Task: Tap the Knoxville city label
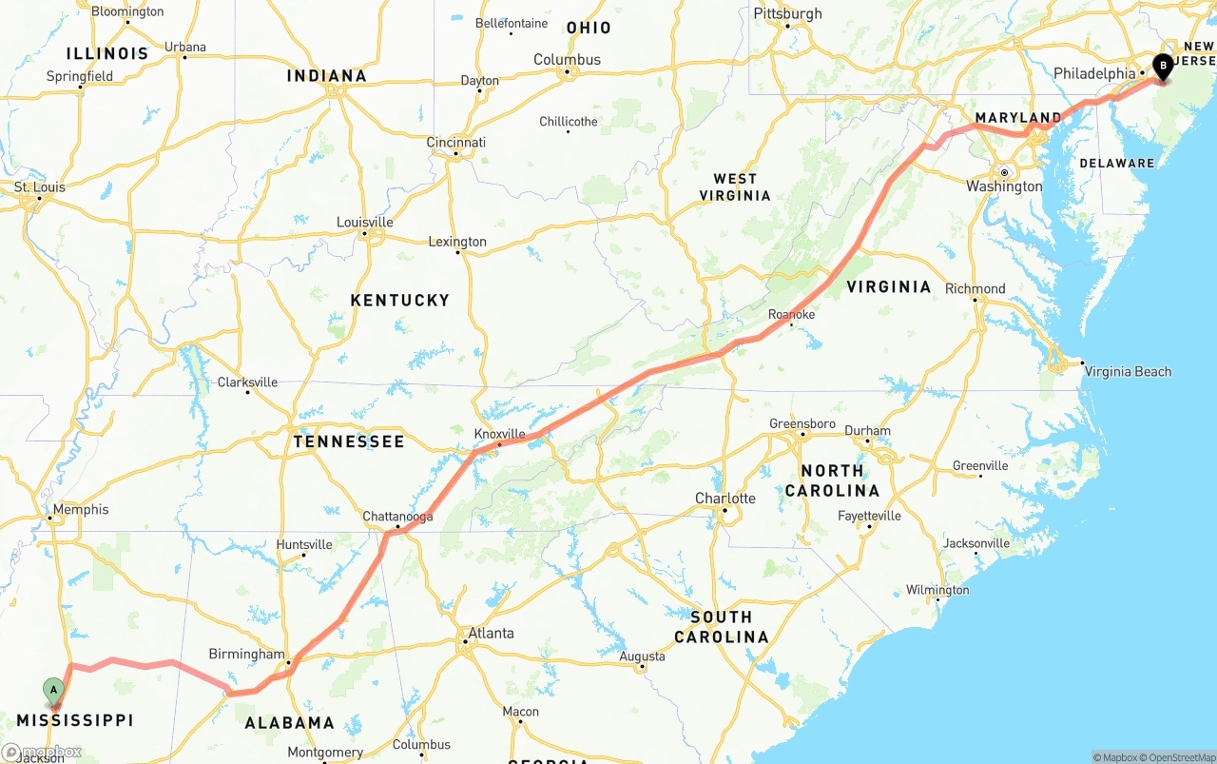499,434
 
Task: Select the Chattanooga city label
397,517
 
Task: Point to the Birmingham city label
246,654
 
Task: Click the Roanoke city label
791,314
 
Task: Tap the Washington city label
1004,186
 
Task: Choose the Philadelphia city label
1094,73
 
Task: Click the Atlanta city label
491,633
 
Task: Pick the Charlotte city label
724,499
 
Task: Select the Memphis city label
81,509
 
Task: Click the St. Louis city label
40,186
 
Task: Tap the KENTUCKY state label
399,300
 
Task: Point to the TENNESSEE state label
348,441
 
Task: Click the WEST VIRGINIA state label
735,186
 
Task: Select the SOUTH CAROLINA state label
721,627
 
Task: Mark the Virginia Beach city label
1128,371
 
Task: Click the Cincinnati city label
455,143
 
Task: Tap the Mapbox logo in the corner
42,752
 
